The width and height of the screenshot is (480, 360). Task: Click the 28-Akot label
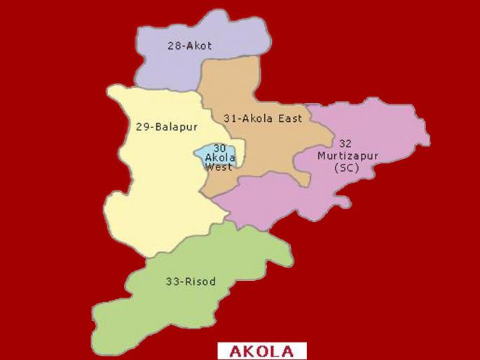point(189,46)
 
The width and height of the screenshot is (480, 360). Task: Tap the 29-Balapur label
point(166,127)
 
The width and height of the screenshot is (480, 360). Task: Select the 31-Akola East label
point(263,118)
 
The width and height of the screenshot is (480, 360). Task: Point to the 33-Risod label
point(191,282)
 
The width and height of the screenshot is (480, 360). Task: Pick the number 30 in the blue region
point(219,148)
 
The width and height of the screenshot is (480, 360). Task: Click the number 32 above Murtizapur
point(344,144)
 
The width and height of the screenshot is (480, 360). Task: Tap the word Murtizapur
point(345,155)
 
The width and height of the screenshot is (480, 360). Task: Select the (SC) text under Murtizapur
point(346,167)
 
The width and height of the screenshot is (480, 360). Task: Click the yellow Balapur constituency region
point(154,203)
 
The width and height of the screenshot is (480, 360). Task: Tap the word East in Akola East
point(290,118)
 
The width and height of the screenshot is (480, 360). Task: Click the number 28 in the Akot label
point(174,46)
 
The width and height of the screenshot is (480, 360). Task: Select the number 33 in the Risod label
point(172,282)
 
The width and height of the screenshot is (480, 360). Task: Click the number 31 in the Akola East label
point(230,118)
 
